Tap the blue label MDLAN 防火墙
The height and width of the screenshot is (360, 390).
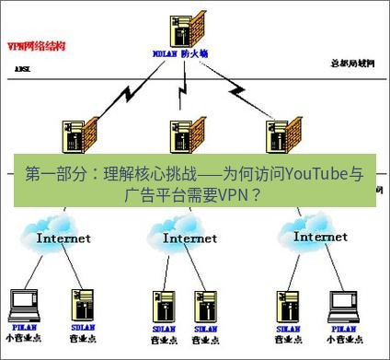[x=180, y=53]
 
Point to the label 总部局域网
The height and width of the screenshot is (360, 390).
[x=353, y=63]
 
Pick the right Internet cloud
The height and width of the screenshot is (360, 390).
[x=318, y=233]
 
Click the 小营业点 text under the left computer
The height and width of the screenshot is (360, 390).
[x=23, y=339]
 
